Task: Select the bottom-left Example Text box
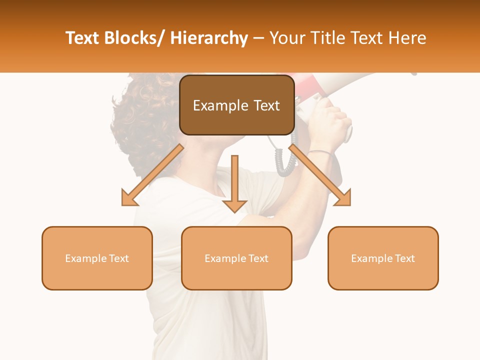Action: pos(97,258)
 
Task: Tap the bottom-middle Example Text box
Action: pos(236,258)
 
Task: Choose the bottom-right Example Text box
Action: pos(383,258)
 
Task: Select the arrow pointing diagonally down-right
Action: pos(320,175)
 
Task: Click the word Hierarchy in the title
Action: pos(209,38)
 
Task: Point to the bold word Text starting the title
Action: pos(83,38)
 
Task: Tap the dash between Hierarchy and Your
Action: pos(258,39)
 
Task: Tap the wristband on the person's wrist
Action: pos(319,151)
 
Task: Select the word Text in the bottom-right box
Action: pos(404,258)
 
